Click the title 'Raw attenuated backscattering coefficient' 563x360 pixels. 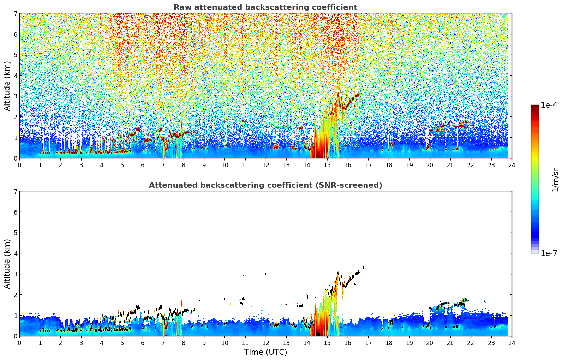point(265,7)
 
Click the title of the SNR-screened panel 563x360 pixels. point(265,185)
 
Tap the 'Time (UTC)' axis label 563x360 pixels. point(265,352)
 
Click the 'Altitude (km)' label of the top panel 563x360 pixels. point(7,86)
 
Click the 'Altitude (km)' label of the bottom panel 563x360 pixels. point(7,264)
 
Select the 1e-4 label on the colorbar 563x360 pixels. point(549,105)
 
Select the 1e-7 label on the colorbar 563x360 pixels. point(549,253)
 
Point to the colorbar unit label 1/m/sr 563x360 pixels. point(555,180)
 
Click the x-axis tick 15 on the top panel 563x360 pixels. point(327,165)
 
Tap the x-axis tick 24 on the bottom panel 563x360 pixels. point(512,343)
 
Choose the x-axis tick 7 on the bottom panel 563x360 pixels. point(163,343)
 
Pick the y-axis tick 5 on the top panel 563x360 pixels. point(15,55)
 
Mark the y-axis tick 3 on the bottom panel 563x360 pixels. point(15,274)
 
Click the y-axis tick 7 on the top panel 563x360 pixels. point(15,14)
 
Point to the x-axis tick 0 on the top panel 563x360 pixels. point(19,165)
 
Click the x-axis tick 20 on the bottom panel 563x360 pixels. point(430,343)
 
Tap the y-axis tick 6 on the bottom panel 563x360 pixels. point(15,212)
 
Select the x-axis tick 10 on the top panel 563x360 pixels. point(224,165)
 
